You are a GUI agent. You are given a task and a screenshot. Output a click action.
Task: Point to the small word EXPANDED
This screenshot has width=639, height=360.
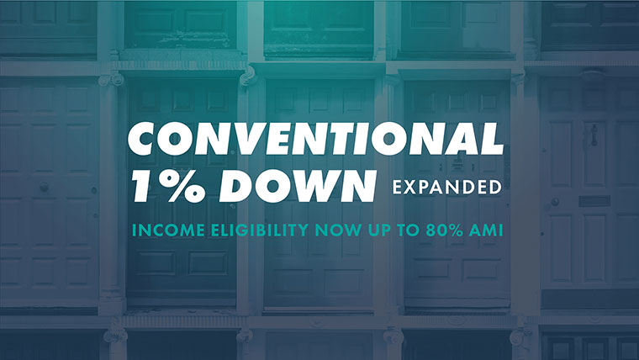pos(446,187)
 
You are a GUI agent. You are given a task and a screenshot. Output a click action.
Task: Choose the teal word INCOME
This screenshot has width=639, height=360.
pos(168,230)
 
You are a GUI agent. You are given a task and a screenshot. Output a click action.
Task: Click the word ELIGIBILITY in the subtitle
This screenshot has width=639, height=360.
pos(260,230)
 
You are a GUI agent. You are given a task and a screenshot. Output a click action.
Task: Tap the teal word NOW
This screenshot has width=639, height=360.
pos(338,230)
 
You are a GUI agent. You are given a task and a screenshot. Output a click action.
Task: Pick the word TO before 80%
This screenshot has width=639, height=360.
pos(409,230)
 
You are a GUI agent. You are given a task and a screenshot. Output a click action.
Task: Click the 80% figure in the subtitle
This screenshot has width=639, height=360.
pos(444,230)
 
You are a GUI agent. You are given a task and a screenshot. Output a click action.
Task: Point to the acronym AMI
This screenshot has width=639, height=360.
pos(486,230)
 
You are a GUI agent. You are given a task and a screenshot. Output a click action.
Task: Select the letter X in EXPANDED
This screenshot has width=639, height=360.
pos(409,187)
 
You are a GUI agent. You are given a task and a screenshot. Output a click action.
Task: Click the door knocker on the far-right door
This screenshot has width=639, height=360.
pos(594,135)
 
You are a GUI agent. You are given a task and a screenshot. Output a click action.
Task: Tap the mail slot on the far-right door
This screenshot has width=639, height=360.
pos(594,201)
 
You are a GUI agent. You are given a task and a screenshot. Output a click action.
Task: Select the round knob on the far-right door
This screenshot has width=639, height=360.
pos(555,201)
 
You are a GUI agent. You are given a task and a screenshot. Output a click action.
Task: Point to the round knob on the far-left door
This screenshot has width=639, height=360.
pos(44,187)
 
